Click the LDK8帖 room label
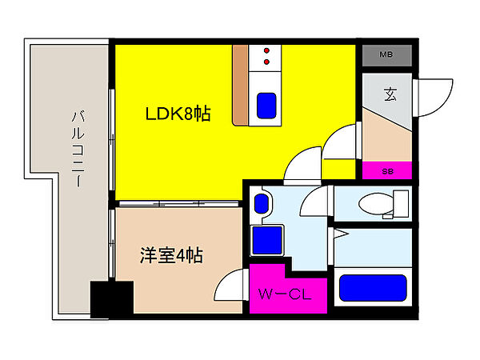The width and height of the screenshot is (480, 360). [177, 114]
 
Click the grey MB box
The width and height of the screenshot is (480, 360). [386, 55]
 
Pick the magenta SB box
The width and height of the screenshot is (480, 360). [387, 170]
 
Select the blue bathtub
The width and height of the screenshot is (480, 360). [372, 287]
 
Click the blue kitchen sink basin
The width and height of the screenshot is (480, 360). [265, 105]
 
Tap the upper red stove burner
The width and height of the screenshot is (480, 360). [266, 50]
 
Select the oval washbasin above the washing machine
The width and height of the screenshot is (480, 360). [261, 203]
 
